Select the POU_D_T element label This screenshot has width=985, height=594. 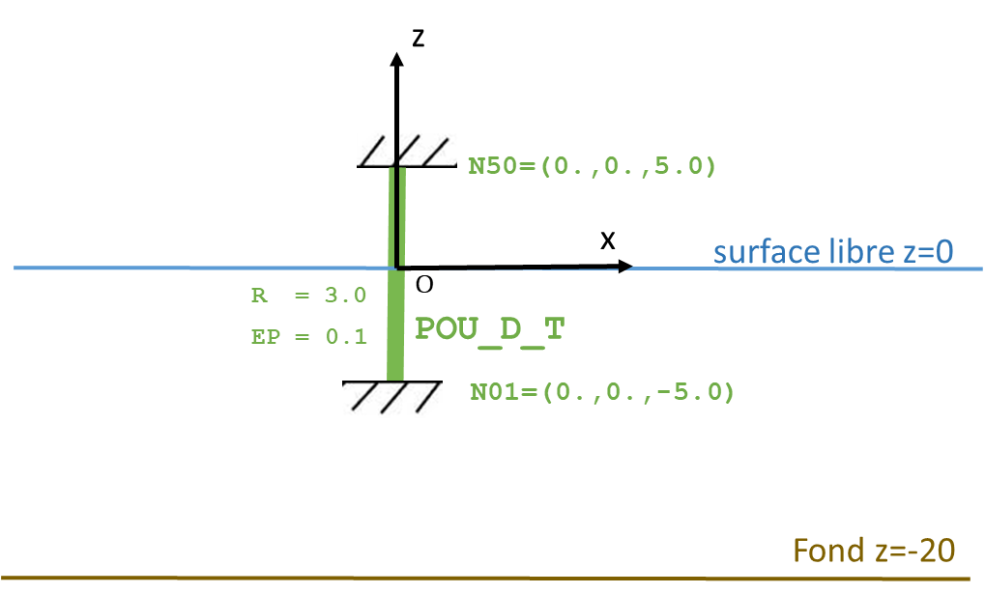[489, 329]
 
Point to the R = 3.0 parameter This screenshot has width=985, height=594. [308, 296]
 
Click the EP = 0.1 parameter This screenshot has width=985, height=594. [308, 336]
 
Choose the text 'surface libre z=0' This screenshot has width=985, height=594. [833, 252]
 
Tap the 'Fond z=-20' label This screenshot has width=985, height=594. [874, 551]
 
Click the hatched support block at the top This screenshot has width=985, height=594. [406, 149]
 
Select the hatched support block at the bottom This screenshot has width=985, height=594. [392, 400]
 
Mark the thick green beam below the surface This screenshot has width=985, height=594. [394, 325]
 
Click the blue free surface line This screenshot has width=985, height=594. [193, 268]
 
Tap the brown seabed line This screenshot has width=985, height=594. [290, 578]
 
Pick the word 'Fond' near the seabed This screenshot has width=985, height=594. [827, 551]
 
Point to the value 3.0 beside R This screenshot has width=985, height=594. [345, 296]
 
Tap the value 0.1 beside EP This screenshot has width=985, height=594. [345, 336]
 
